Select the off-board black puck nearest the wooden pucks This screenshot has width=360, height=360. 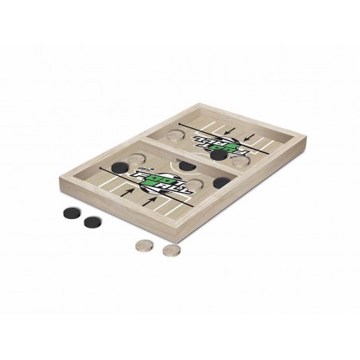tap(92, 222)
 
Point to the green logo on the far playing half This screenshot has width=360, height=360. tap(229, 147)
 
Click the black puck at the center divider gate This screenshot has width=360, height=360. tap(187, 166)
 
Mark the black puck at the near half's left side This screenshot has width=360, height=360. tap(118, 167)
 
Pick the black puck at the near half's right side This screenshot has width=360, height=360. tap(220, 183)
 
